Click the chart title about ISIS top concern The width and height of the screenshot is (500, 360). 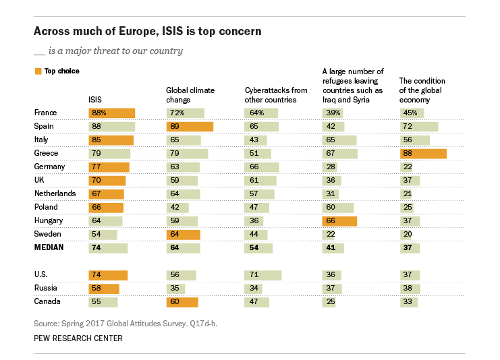click(x=148, y=32)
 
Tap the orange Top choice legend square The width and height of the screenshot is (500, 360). click(x=37, y=70)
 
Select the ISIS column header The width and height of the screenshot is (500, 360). click(x=95, y=99)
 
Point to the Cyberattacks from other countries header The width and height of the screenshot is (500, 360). click(x=276, y=94)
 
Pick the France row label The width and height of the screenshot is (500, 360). click(x=45, y=113)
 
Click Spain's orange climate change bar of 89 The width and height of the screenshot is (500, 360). click(x=190, y=126)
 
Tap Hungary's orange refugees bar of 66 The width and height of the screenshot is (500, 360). click(x=339, y=220)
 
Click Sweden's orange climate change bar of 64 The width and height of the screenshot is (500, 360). click(x=183, y=234)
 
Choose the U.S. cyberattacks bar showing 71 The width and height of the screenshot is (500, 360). click(x=263, y=274)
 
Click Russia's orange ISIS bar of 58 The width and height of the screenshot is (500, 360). click(x=104, y=288)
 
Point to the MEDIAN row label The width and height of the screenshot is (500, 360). click(x=49, y=247)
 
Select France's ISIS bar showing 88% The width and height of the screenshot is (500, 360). click(x=112, y=113)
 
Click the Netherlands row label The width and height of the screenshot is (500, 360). click(x=55, y=193)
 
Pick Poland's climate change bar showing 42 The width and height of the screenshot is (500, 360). click(x=177, y=207)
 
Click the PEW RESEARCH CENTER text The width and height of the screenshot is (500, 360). click(x=78, y=338)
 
